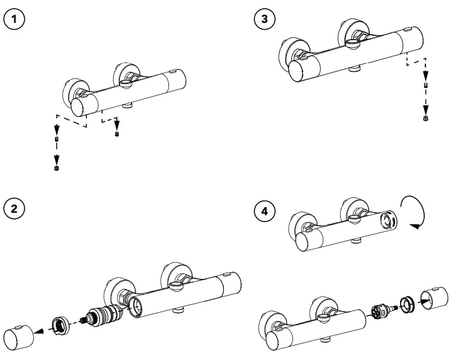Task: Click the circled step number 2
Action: [x=15, y=208]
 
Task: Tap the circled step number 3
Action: [x=265, y=19]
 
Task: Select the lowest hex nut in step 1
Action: [x=57, y=168]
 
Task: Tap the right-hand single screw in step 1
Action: [x=118, y=134]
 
